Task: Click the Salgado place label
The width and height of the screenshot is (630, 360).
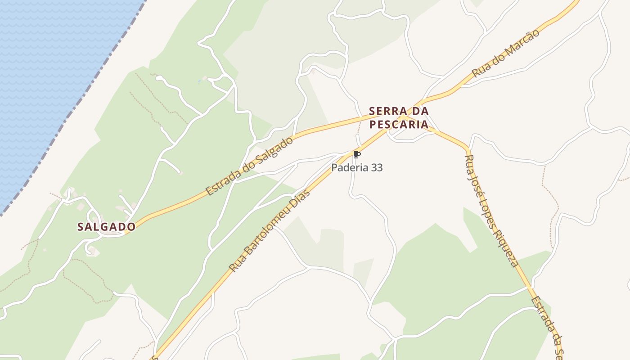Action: [x=106, y=227]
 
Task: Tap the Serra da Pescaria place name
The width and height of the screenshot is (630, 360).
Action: [x=399, y=118]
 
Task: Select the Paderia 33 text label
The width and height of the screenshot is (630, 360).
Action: [x=357, y=168]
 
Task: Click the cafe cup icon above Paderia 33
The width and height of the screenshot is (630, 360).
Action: [x=357, y=155]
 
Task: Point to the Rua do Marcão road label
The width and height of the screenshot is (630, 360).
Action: [x=505, y=54]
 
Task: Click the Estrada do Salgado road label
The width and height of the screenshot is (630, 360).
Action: [x=250, y=166]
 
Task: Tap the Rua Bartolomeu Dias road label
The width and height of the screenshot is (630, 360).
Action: [x=270, y=231]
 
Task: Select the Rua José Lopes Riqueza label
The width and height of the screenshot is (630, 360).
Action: [x=492, y=211]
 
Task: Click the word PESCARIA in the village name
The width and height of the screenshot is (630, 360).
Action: [x=399, y=125]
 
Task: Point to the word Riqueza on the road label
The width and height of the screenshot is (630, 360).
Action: [x=508, y=247]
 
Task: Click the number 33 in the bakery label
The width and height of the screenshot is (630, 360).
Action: [x=377, y=168]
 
